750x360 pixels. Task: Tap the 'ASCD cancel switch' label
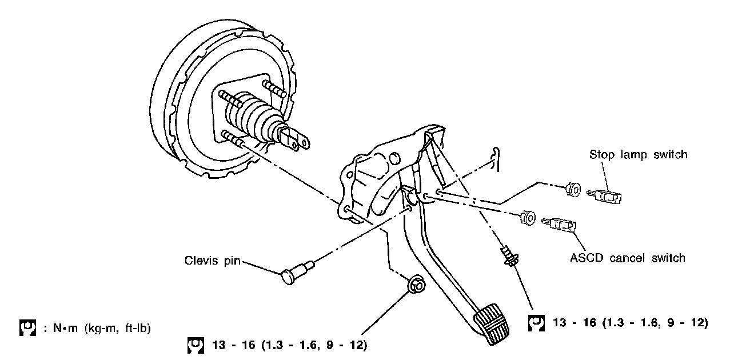point(627,258)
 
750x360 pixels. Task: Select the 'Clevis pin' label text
point(212,261)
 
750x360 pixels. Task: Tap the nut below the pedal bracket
point(416,283)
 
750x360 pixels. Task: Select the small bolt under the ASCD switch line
point(507,255)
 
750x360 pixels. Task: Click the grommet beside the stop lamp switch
point(572,189)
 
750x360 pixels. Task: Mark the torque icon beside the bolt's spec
point(536,323)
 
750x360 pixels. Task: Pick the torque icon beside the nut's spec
point(195,345)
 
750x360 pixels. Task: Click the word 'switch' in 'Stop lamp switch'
point(669,155)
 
